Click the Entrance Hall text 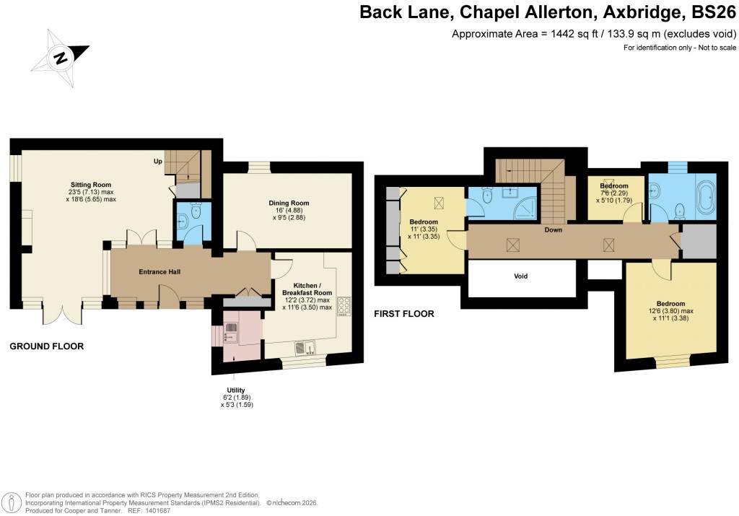[x=159, y=272]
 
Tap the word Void [x=521, y=276]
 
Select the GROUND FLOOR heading [x=46, y=346]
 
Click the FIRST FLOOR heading [x=403, y=314]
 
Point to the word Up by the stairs [x=157, y=160]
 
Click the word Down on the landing [x=554, y=230]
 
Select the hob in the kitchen [x=342, y=307]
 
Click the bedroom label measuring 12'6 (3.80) [x=670, y=304]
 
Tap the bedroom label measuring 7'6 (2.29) [x=614, y=186]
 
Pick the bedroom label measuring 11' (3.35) [x=424, y=222]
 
